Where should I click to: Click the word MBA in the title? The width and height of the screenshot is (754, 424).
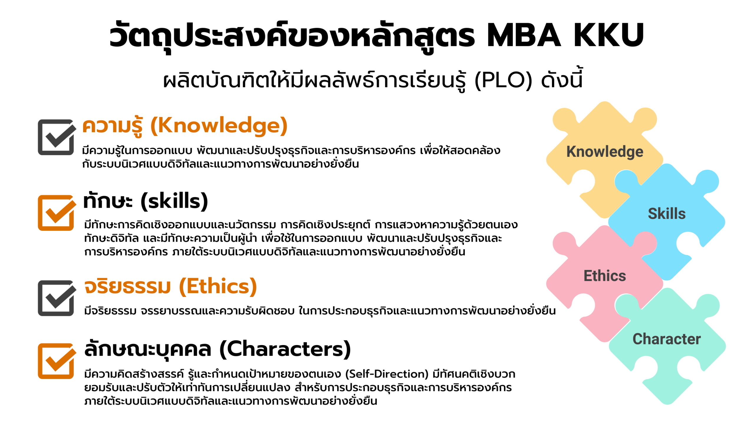click(524, 35)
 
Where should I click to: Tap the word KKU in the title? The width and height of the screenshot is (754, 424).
click(609, 35)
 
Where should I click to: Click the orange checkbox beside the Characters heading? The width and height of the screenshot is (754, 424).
click(56, 361)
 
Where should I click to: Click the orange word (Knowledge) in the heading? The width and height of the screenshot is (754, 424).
click(219, 126)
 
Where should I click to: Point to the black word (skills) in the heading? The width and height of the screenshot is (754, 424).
click(174, 201)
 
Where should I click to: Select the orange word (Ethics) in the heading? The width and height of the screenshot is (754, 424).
click(218, 286)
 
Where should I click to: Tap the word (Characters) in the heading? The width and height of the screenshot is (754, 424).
click(285, 349)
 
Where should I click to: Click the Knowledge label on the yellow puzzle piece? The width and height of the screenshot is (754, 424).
click(605, 152)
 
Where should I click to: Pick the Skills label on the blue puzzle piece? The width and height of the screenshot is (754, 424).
click(667, 213)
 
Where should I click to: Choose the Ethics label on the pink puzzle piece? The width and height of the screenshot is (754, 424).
click(605, 276)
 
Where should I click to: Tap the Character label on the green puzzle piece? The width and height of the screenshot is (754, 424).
click(667, 339)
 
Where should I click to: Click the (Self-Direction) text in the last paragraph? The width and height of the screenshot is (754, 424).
click(387, 374)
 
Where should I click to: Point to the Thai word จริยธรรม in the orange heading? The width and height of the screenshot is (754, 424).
click(127, 286)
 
